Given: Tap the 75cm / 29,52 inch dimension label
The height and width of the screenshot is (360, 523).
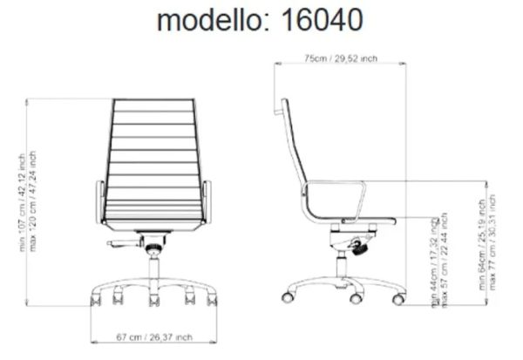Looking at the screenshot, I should point(340,59).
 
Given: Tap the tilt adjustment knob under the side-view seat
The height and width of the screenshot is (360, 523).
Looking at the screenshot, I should point(357,248).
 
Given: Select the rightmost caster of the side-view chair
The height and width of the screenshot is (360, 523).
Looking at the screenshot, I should point(398,299).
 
